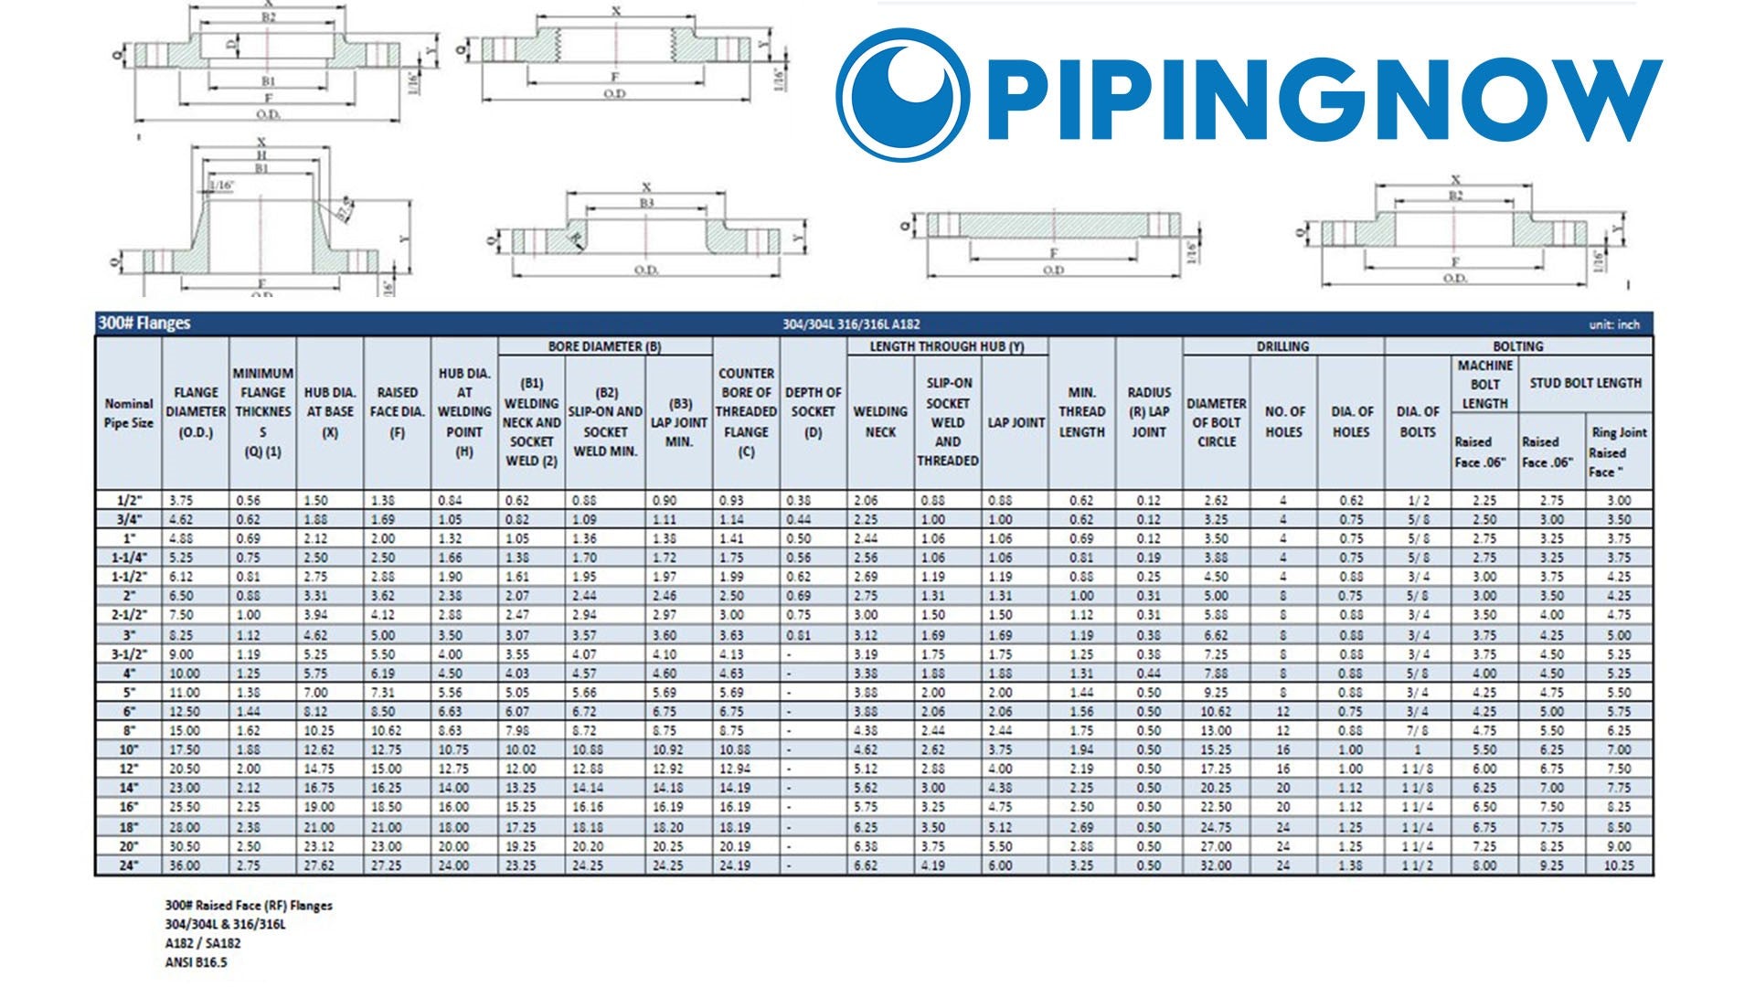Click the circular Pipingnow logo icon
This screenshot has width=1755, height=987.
pyautogui.click(x=903, y=94)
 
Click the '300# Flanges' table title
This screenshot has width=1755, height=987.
pyautogui.click(x=144, y=324)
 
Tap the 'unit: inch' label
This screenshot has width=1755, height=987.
pyautogui.click(x=1614, y=324)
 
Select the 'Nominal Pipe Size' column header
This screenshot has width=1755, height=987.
pyautogui.click(x=129, y=413)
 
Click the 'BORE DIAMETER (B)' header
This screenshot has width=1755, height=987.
pyautogui.click(x=604, y=347)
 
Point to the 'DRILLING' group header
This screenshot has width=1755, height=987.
pyautogui.click(x=1282, y=347)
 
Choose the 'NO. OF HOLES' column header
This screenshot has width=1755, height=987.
pyautogui.click(x=1284, y=421)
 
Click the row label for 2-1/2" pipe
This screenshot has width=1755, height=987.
pyautogui.click(x=129, y=615)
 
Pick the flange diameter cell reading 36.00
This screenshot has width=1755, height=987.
pyautogui.click(x=186, y=865)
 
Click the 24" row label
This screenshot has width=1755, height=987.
pyautogui.click(x=129, y=865)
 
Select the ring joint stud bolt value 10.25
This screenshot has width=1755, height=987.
pyautogui.click(x=1618, y=865)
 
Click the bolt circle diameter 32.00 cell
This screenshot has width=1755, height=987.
pyautogui.click(x=1216, y=865)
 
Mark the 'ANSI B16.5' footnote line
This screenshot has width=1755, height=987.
pyautogui.click(x=196, y=962)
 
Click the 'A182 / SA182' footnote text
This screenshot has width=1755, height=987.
pyautogui.click(x=203, y=943)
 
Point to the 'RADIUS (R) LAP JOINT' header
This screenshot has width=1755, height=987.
pyautogui.click(x=1149, y=412)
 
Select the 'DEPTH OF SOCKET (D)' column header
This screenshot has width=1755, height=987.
pyautogui.click(x=813, y=412)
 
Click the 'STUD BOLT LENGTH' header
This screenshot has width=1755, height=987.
pyautogui.click(x=1585, y=383)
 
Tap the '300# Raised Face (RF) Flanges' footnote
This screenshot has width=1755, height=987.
pyautogui.click(x=249, y=906)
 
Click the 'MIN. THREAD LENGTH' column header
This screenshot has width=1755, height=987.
pyautogui.click(x=1081, y=412)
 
